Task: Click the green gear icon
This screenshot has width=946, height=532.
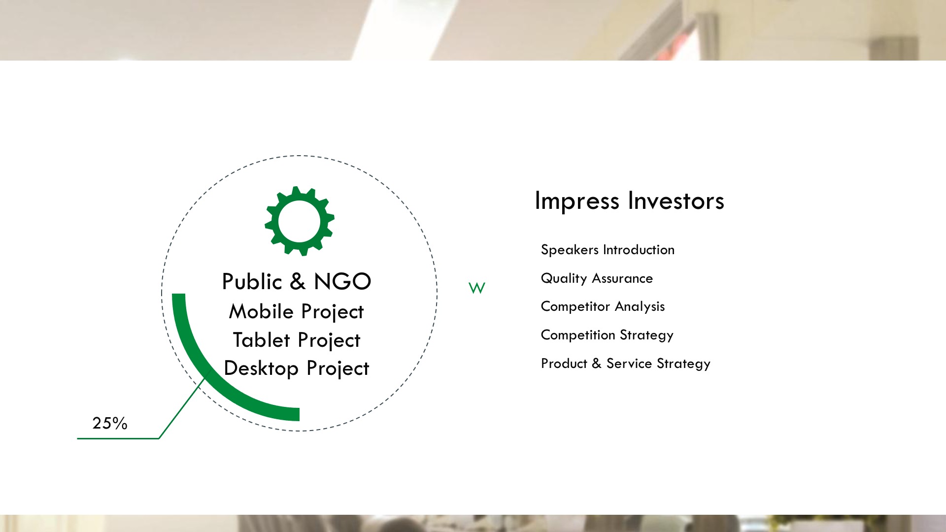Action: [x=300, y=221]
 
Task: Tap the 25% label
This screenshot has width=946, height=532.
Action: [x=110, y=423]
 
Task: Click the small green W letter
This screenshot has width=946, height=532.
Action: [x=477, y=288]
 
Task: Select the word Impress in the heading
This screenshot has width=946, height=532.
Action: [x=577, y=201]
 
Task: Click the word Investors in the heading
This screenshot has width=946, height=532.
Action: [x=676, y=201]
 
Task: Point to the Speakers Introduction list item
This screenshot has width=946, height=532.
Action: [x=608, y=250]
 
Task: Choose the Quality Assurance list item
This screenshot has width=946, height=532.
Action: [x=597, y=279]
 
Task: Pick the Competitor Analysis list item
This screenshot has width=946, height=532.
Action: [x=603, y=307]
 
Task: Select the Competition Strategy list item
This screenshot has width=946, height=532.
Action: [x=607, y=335]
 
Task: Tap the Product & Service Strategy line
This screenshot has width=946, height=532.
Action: [x=626, y=364]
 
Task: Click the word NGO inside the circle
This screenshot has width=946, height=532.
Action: [x=342, y=282]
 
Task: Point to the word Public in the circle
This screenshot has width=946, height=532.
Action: [x=252, y=281]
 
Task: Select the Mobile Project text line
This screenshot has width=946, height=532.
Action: [x=297, y=312]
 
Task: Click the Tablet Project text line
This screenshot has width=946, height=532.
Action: [x=297, y=340]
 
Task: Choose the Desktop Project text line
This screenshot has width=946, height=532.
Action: [x=297, y=368]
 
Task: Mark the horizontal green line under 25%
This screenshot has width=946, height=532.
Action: [x=118, y=438]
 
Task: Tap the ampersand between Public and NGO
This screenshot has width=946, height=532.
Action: [x=298, y=282]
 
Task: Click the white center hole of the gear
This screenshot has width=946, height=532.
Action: [x=300, y=221]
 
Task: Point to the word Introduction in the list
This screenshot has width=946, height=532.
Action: [x=639, y=250]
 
